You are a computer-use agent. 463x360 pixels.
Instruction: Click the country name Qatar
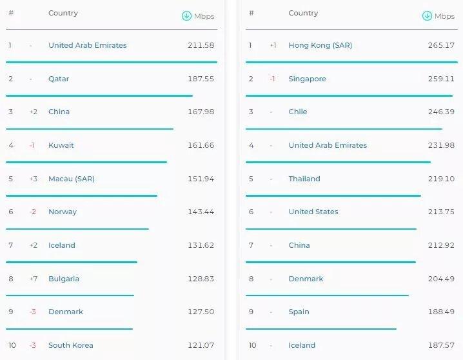59,79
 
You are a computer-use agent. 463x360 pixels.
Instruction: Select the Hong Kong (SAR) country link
320,45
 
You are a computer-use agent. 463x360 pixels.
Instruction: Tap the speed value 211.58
201,45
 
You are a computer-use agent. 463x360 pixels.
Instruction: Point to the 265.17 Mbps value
441,45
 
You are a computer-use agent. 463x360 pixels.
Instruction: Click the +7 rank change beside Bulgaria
34,279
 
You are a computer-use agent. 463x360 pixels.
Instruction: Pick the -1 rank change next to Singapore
273,79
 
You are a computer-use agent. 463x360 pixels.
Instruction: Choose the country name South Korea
70,345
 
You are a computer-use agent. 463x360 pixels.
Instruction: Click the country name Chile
298,112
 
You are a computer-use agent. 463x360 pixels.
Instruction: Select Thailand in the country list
304,179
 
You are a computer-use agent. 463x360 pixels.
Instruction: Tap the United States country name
313,212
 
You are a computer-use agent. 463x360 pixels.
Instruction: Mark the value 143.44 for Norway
201,212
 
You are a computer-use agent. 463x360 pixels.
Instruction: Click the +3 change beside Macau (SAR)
34,179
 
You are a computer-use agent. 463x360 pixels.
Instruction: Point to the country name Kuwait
61,145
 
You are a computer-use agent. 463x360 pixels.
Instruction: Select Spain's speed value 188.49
441,312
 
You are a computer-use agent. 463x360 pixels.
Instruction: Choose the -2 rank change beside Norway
33,212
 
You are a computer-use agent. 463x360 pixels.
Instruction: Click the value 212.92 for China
441,245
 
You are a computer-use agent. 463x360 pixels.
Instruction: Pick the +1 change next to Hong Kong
273,45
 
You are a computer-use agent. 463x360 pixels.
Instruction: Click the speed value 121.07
201,345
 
